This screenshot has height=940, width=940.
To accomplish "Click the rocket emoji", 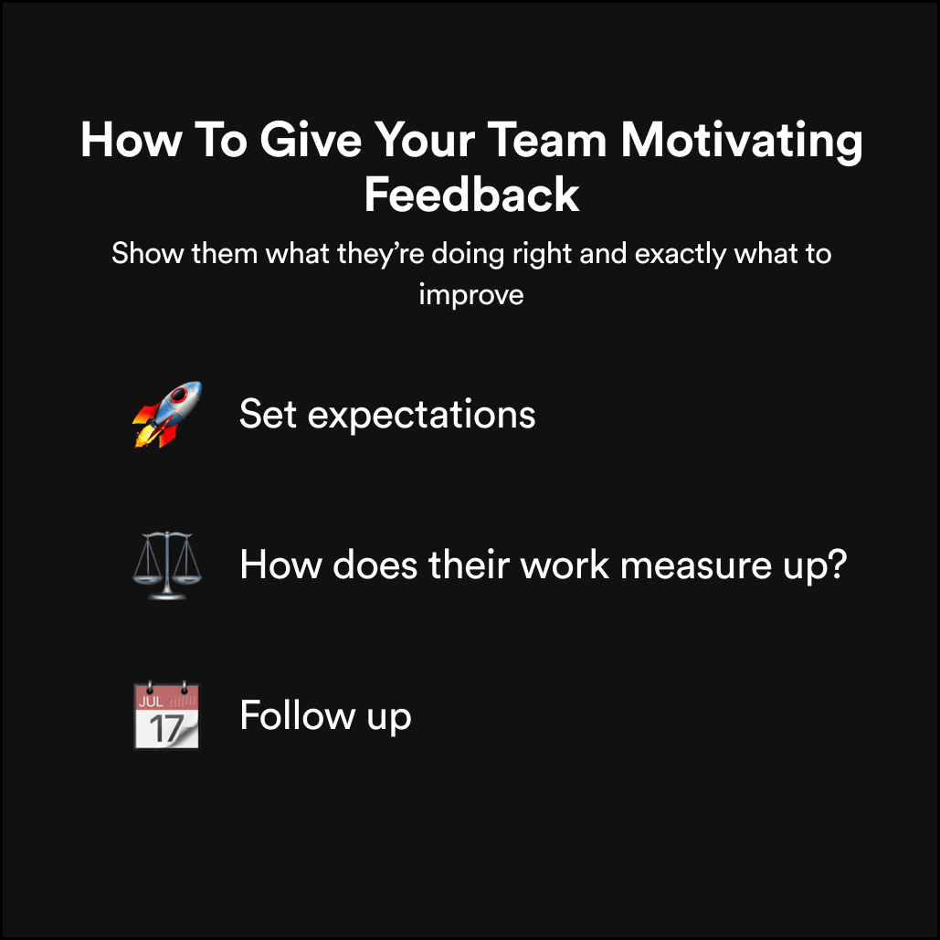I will (166, 415).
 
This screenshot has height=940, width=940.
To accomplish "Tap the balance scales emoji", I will (166, 565).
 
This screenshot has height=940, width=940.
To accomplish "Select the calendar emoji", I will (166, 715).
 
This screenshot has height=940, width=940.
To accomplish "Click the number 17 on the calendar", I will (164, 728).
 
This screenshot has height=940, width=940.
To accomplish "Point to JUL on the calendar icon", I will (151, 701).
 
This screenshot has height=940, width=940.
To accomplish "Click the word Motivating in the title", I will (741, 143).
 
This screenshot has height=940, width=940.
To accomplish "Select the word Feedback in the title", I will (471, 195).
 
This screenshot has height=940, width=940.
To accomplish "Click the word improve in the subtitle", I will (471, 295).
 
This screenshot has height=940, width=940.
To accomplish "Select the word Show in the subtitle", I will (148, 253).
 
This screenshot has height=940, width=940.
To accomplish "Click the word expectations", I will (421, 416).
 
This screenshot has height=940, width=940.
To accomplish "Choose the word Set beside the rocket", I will (269, 415).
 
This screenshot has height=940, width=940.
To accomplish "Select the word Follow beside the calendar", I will (294, 715).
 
